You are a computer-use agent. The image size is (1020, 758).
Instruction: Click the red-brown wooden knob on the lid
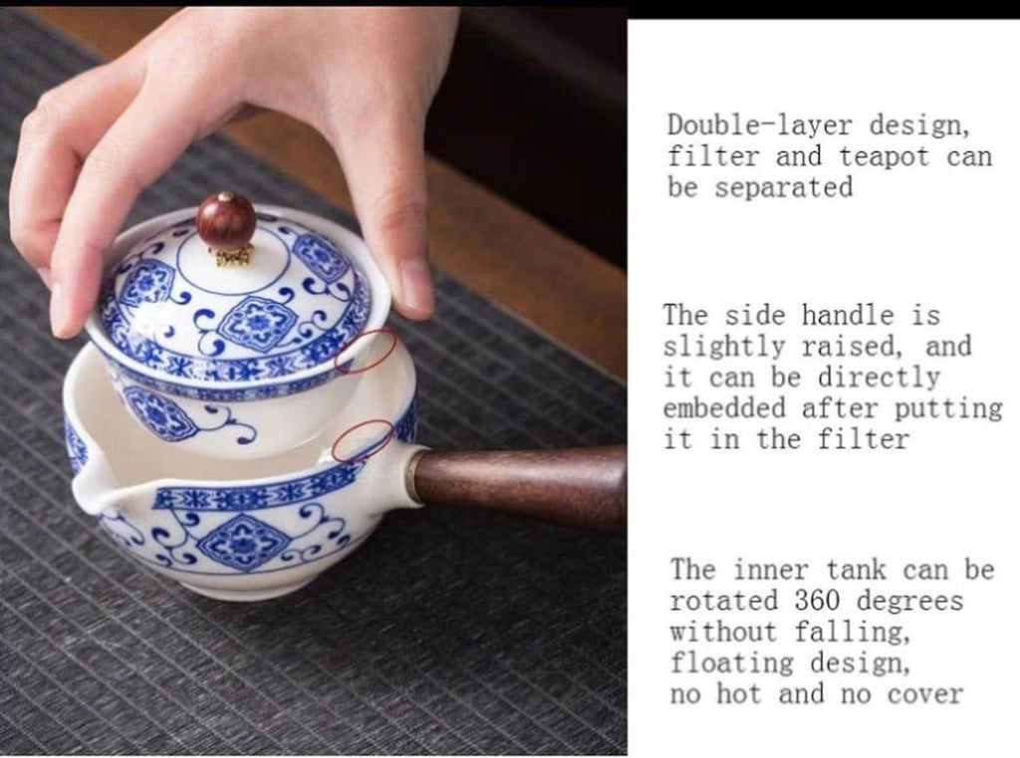(226, 219)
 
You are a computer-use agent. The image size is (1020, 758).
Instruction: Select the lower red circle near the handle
(363, 440)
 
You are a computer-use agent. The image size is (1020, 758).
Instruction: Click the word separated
(784, 187)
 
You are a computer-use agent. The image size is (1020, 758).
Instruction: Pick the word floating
(732, 663)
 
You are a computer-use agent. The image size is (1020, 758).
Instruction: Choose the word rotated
(723, 600)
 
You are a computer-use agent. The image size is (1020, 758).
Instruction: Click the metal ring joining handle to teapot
(411, 477)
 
